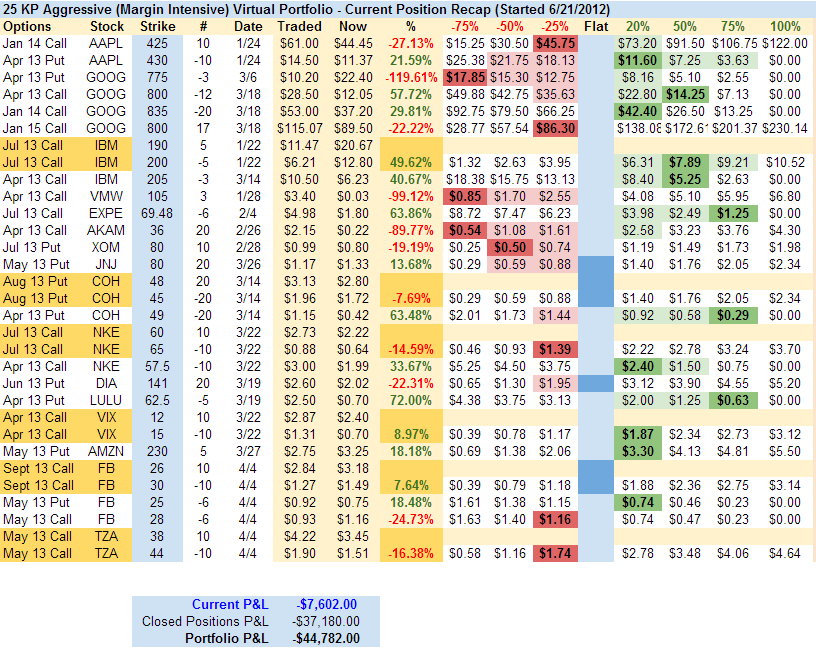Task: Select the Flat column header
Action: pyautogui.click(x=595, y=26)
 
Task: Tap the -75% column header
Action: pyautogui.click(x=463, y=26)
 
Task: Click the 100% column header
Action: pyautogui.click(x=786, y=26)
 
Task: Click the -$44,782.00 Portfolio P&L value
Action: pyautogui.click(x=326, y=638)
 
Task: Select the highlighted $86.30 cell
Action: pyautogui.click(x=554, y=128)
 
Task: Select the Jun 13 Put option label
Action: pyautogui.click(x=35, y=383)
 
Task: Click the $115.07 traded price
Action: pyautogui.click(x=300, y=128)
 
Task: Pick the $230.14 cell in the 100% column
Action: pyautogui.click(x=786, y=128)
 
